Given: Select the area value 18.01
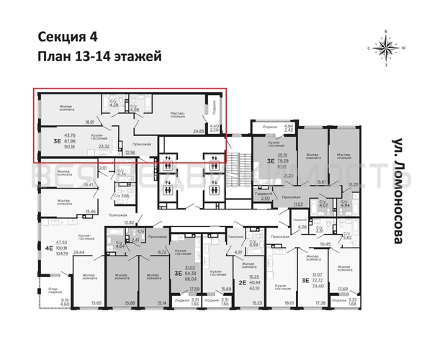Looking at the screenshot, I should (289, 302).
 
